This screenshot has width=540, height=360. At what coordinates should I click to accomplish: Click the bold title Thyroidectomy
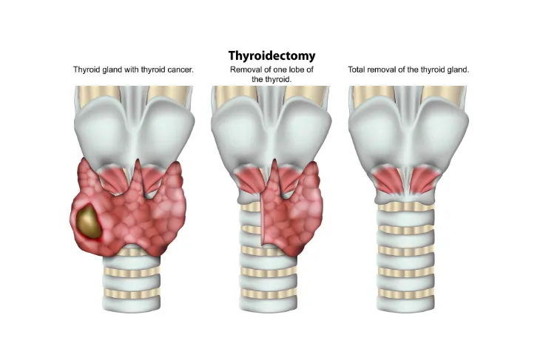[271, 55]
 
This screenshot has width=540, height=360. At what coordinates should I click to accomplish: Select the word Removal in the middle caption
[243, 69]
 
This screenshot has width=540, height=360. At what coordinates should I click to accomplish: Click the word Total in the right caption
[356, 69]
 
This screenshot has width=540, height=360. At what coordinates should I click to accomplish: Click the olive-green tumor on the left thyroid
[88, 220]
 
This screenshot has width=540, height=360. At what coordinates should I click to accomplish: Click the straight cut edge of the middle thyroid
[262, 220]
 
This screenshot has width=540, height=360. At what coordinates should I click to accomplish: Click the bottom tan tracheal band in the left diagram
[132, 293]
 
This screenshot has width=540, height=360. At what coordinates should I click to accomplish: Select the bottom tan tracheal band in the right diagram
[406, 293]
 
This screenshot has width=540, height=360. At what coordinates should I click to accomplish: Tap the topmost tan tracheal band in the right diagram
[406, 207]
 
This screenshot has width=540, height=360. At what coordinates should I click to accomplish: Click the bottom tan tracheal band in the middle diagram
[269, 293]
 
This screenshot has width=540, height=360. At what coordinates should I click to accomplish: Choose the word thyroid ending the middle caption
[278, 80]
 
